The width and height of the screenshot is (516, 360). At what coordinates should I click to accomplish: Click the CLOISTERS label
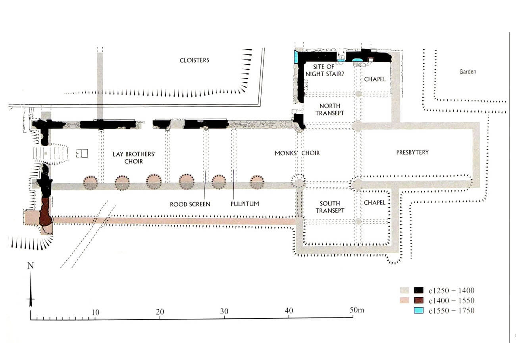tap(194, 60)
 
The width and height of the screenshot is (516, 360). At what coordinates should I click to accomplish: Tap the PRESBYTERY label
tap(412, 152)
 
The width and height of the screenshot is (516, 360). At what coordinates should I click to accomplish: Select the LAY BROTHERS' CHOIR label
tap(134, 158)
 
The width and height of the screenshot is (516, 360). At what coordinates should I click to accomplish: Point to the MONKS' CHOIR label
tap(297, 153)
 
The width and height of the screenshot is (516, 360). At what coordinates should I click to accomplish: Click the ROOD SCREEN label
tap(190, 204)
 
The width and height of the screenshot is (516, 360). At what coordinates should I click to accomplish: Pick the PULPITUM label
tap(245, 204)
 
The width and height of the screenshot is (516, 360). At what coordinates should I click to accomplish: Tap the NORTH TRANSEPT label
tap(329, 110)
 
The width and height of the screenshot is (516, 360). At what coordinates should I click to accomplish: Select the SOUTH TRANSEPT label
tap(330, 207)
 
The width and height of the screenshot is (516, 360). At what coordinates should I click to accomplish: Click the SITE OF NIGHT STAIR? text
tap(325, 71)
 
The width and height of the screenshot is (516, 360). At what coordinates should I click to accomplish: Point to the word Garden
tap(468, 71)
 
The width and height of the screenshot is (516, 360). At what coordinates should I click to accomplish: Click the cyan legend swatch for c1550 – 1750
tap(419, 310)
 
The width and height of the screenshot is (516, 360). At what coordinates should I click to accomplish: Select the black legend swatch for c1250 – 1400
tap(419, 290)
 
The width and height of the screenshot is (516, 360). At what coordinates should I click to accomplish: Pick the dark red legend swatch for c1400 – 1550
tap(419, 300)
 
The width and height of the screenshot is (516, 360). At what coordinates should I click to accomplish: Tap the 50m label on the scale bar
tap(357, 310)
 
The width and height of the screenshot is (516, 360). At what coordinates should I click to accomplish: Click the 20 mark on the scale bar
tap(160, 312)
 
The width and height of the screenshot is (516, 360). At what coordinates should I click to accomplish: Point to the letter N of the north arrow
tap(31, 266)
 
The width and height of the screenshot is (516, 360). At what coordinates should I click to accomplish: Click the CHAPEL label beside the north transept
tap(375, 79)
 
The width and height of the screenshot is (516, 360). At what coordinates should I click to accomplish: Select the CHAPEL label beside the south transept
tap(375, 203)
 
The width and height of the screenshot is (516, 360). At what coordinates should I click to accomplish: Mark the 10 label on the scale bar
tap(95, 312)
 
